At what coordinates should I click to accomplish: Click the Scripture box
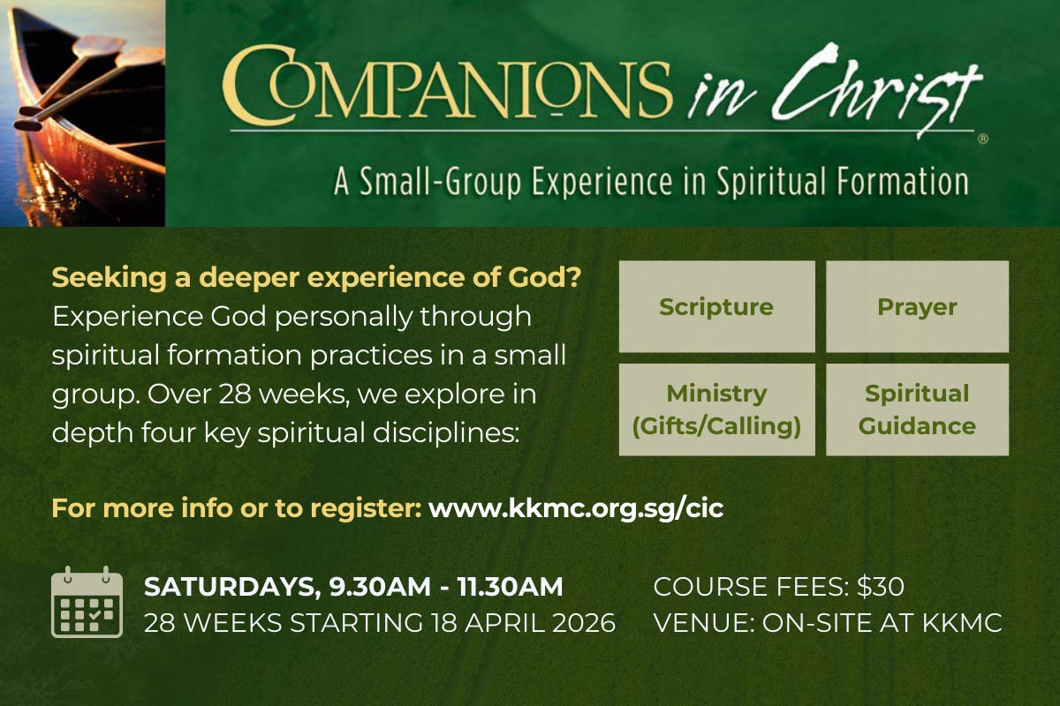click(716, 306)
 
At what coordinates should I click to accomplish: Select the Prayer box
click(917, 306)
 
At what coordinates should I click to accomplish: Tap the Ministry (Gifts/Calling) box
click(716, 409)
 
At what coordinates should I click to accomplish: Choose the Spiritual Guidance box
click(917, 409)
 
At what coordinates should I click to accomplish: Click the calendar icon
click(87, 602)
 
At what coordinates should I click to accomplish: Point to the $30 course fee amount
click(881, 586)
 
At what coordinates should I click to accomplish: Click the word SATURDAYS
click(230, 587)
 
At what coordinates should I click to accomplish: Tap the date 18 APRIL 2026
click(523, 623)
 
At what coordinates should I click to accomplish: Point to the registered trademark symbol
click(983, 139)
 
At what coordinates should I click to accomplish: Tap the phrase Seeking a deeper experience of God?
click(316, 278)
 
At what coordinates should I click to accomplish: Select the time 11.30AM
click(511, 587)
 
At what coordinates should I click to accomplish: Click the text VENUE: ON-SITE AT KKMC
click(828, 623)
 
